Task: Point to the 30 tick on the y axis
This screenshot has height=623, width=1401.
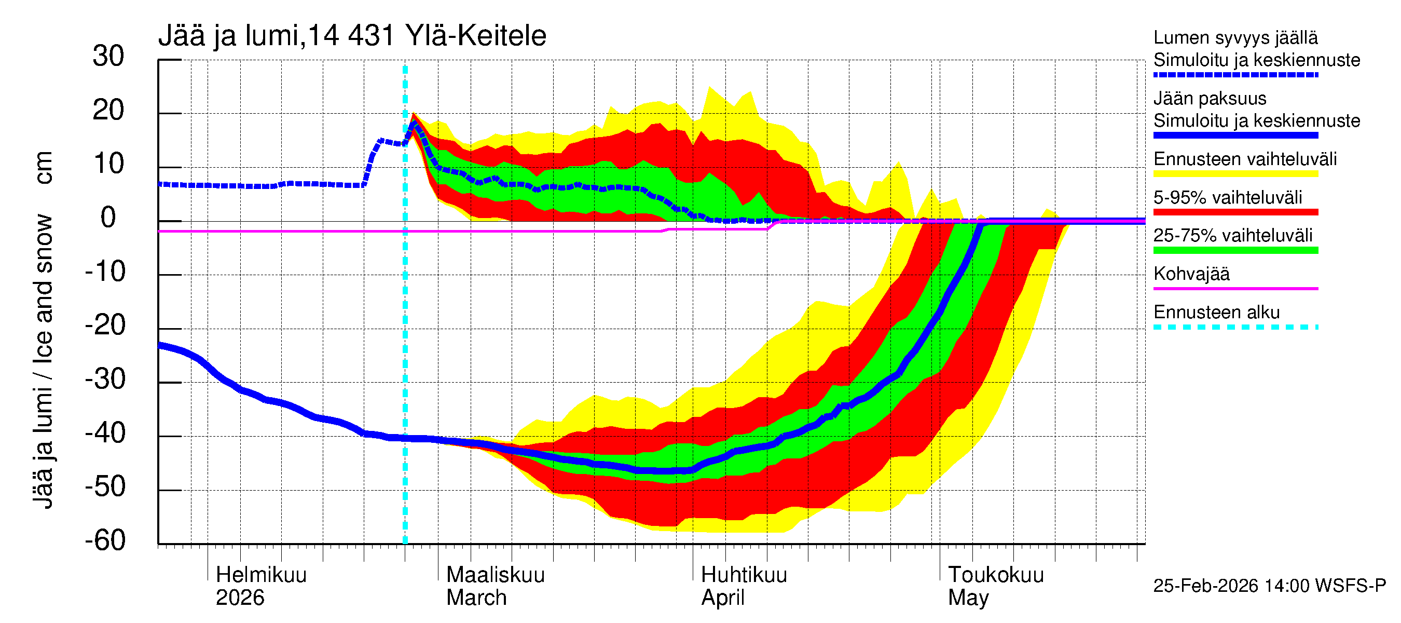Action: coord(108,56)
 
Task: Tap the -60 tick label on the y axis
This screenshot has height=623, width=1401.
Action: coord(105,540)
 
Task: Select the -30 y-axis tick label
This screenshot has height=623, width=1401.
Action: coord(105,379)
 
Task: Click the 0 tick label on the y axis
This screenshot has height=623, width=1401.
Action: coord(108,218)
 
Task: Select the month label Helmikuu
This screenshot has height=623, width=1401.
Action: coord(261,575)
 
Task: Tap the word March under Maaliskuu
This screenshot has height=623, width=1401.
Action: coord(476,598)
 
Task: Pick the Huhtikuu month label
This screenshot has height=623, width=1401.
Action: coord(744,575)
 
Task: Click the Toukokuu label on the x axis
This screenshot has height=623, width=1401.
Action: coord(995,575)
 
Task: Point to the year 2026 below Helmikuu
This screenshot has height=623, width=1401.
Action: coord(240,598)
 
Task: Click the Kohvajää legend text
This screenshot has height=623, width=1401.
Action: coord(1191,274)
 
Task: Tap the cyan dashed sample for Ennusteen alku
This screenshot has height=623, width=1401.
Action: coord(1235,327)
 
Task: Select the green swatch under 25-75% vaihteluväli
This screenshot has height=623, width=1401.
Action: coord(1235,250)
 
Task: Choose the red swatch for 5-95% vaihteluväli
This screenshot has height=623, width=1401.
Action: coord(1235,212)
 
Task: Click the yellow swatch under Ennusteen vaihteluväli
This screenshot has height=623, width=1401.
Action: coord(1235,174)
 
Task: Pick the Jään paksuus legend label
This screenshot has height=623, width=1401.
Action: coord(1210,99)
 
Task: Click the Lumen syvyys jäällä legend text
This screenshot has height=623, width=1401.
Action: coord(1235,37)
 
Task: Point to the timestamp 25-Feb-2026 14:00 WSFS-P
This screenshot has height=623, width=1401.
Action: coord(1269,586)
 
